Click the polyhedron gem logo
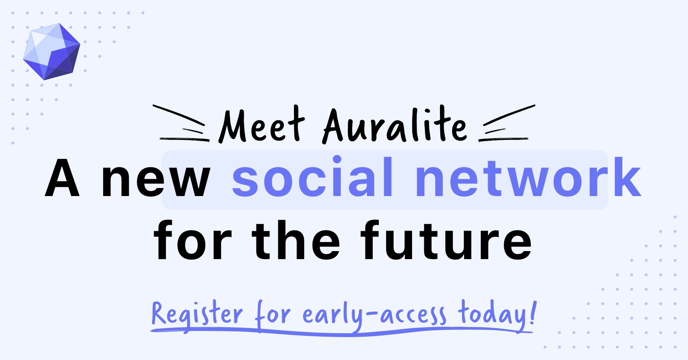pos(52,52)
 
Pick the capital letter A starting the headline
pos(62,178)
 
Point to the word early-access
pos(374,316)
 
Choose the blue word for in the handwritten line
pos(273,315)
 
